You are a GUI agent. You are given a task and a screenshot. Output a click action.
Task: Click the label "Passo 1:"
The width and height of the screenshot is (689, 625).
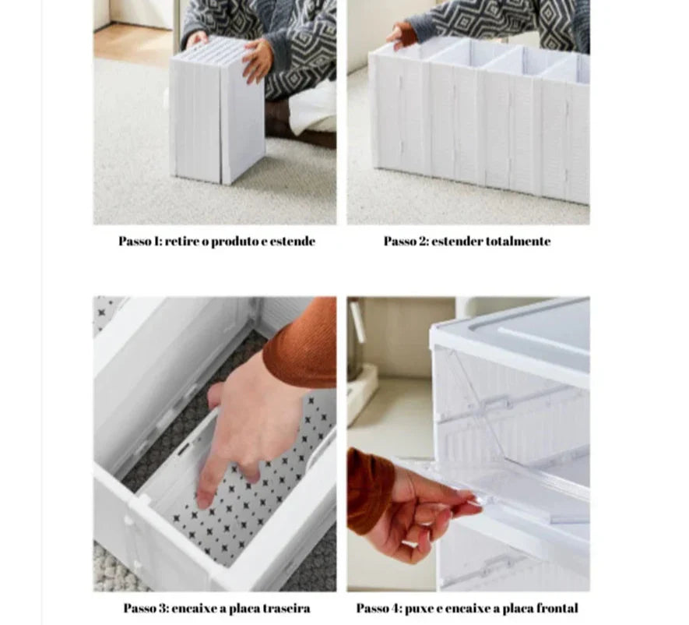[141, 241]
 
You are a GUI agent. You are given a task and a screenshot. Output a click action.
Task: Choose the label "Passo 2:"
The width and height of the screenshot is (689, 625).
[406, 241]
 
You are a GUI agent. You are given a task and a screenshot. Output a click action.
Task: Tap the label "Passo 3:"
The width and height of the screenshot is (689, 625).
[146, 609]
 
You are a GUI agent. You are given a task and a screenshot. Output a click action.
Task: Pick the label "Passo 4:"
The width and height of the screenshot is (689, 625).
[379, 609]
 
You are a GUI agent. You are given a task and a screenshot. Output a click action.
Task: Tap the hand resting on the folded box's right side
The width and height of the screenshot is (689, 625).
[258, 60]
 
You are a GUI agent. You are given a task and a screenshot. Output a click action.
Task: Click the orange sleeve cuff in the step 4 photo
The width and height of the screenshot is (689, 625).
[369, 488]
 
